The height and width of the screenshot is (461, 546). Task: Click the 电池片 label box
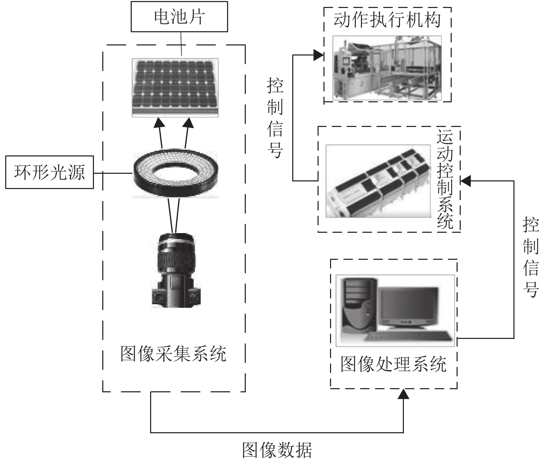pyautogui.click(x=179, y=16)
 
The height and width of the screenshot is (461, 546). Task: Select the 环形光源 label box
pyautogui.click(x=49, y=172)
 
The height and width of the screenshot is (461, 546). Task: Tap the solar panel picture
pyautogui.click(x=175, y=87)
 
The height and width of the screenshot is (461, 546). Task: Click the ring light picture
pyautogui.click(x=176, y=173)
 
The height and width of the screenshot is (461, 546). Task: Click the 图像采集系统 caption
pyautogui.click(x=173, y=353)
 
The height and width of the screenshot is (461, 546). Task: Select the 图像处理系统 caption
pyautogui.click(x=393, y=364)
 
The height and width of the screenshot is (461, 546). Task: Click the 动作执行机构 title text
pyautogui.click(x=387, y=20)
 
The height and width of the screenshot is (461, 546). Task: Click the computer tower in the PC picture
pyautogui.click(x=359, y=305)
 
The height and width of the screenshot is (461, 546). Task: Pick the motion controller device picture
pyautogui.click(x=378, y=181)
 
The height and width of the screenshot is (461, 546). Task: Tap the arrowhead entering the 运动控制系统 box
pyautogui.click(x=466, y=180)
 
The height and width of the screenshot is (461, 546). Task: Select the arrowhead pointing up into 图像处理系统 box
pyautogui.click(x=403, y=394)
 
